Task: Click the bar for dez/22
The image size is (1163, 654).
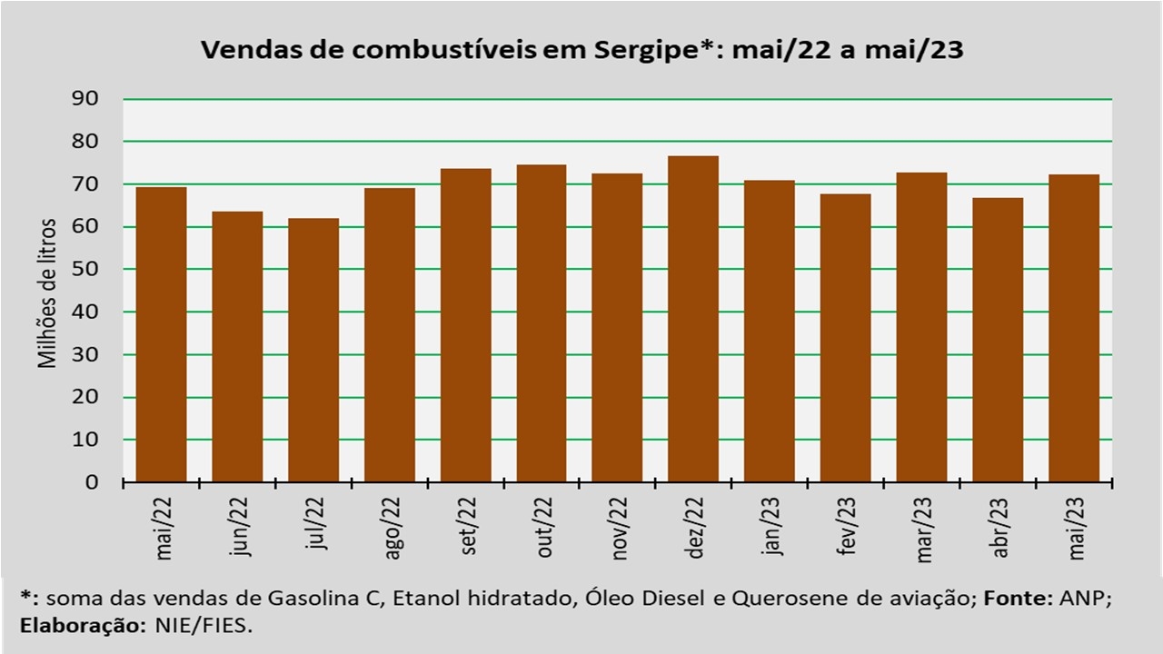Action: click(693, 319)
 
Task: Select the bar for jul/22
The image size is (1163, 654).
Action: click(313, 351)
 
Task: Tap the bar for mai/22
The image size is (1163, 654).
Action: click(162, 335)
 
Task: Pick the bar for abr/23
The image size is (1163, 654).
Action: click(998, 340)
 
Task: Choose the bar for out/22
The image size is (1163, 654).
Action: click(541, 323)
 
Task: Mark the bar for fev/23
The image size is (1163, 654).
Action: click(845, 338)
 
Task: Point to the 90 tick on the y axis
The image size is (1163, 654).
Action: click(84, 99)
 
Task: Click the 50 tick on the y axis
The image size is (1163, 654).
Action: click(84, 269)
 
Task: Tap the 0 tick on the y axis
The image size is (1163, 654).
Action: click(92, 482)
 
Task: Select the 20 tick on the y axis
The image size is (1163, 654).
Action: click(84, 397)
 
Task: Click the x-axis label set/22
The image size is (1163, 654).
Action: click(468, 526)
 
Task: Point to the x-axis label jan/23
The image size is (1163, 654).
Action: click(772, 526)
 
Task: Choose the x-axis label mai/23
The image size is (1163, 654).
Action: click(1077, 529)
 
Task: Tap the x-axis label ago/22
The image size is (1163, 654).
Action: click(392, 529)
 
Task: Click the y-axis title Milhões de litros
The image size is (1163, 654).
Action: click(46, 293)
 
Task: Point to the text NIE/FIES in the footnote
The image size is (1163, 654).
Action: click(204, 626)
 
